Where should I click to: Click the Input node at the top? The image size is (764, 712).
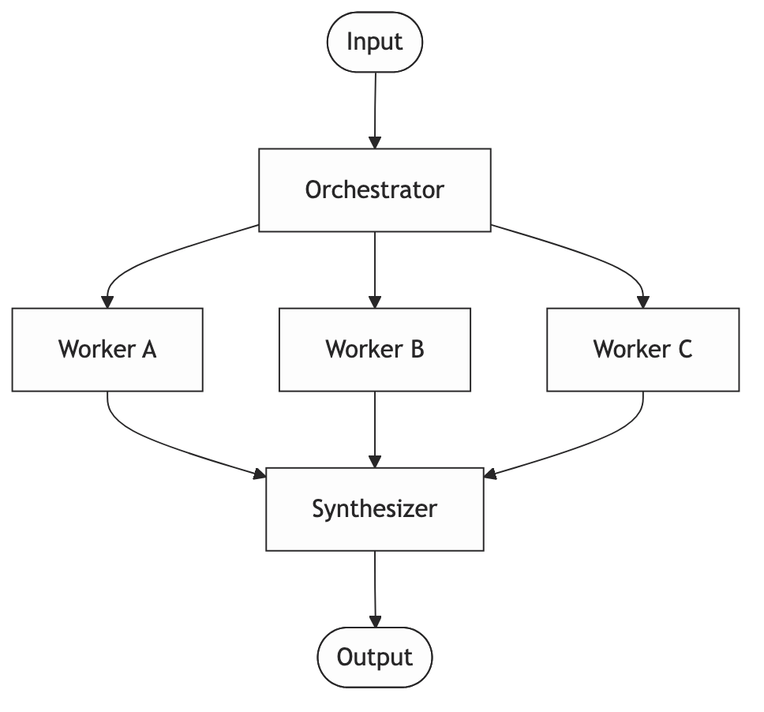tap(375, 42)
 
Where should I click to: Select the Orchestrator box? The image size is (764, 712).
tap(375, 190)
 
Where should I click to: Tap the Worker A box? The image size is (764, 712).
tap(107, 349)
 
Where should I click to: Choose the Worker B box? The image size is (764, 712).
tap(375, 349)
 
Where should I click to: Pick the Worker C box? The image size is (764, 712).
tap(642, 349)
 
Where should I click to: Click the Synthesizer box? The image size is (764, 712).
tap(375, 508)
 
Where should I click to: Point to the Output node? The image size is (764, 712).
tap(375, 657)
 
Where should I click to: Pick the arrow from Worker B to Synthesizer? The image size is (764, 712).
tap(375, 426)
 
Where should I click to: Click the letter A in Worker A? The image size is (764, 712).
tap(148, 349)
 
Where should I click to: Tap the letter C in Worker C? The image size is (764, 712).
tap(684, 349)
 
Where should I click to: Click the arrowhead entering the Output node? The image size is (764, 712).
tap(375, 621)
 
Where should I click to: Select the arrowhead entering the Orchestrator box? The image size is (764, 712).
tap(375, 142)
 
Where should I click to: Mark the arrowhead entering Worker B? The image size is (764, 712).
tap(375, 302)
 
